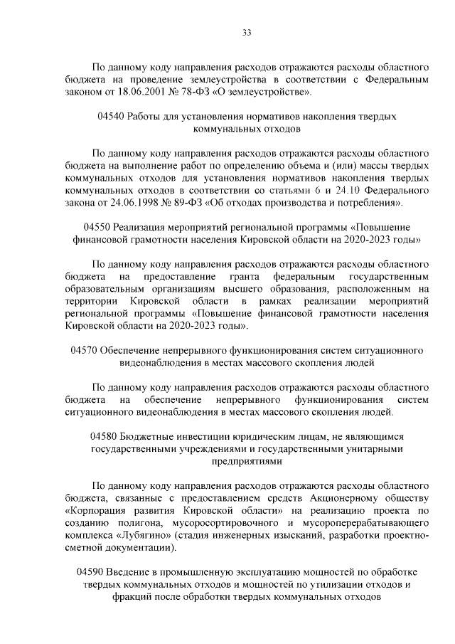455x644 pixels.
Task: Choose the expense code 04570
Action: point(85,350)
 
